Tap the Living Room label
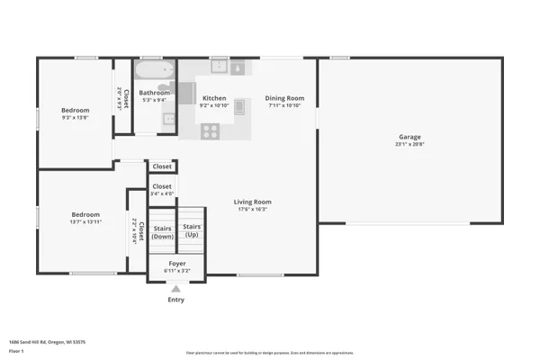[253, 202]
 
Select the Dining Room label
[284, 98]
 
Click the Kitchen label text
[214, 98]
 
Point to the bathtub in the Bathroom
[154, 70]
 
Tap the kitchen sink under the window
[219, 67]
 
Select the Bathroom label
[154, 93]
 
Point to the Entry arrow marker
[175, 289]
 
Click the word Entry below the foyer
[175, 300]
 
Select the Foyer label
[177, 264]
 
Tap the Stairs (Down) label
[162, 232]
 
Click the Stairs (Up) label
[192, 230]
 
